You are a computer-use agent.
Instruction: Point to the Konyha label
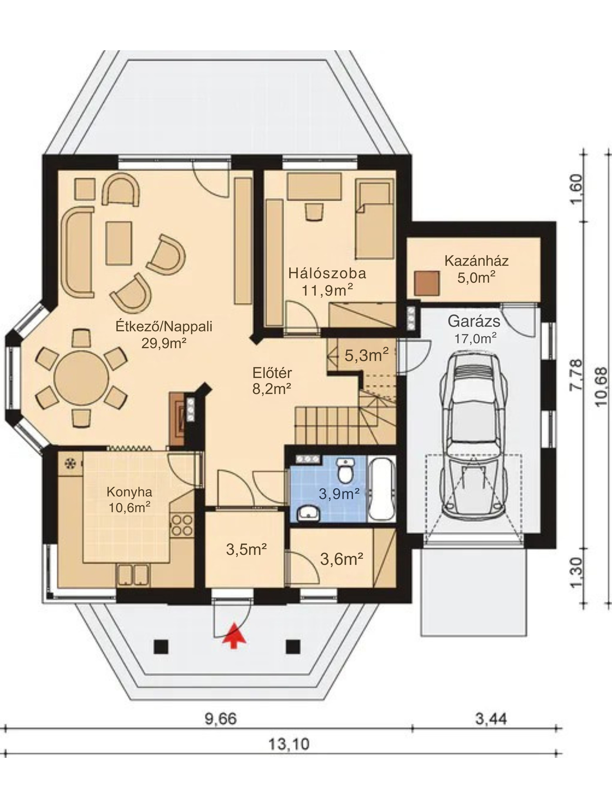pyautogui.click(x=129, y=492)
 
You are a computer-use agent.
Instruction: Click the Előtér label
pyautogui.click(x=272, y=373)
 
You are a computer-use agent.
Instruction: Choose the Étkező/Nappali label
pyautogui.click(x=164, y=326)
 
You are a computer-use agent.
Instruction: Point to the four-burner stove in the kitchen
pyautogui.click(x=182, y=525)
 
